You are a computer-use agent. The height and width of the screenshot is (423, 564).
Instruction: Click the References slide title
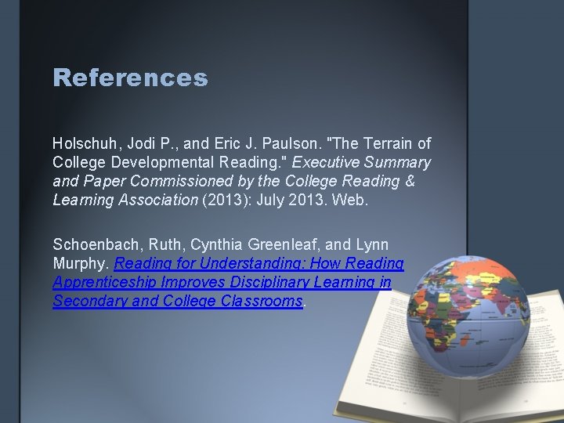click(x=130, y=78)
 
